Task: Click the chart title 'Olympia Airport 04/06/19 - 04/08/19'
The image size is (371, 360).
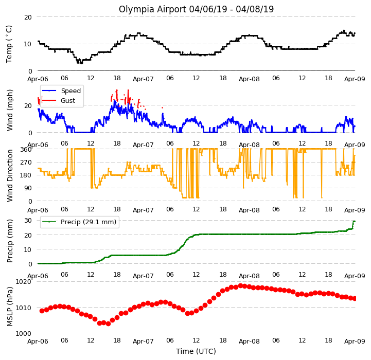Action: pyautogui.click(x=196, y=9)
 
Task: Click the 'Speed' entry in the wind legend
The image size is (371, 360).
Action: pyautogui.click(x=70, y=91)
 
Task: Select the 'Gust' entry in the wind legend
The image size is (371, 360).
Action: pyautogui.click(x=68, y=100)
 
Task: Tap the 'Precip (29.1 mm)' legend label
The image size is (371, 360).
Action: pyautogui.click(x=89, y=222)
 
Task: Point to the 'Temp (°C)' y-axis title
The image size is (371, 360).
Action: pyautogui.click(x=9, y=44)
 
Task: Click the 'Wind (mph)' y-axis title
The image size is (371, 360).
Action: pyautogui.click(x=9, y=110)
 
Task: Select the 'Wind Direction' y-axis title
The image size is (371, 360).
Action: pyautogui.click(x=9, y=175)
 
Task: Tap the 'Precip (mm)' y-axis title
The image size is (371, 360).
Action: pyautogui.click(x=9, y=241)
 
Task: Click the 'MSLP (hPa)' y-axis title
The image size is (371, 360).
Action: pyautogui.click(x=9, y=307)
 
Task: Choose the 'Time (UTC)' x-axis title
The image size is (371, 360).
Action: pyautogui.click(x=196, y=351)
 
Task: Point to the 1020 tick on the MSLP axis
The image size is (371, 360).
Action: pyautogui.click(x=24, y=281)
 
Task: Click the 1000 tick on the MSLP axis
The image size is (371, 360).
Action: pyautogui.click(x=24, y=333)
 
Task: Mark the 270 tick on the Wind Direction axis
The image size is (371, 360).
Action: pyautogui.click(x=26, y=163)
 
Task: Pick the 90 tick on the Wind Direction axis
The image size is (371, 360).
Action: pyautogui.click(x=28, y=188)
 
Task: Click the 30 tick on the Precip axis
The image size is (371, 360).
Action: pyautogui.click(x=28, y=221)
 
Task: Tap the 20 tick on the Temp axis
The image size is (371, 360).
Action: pyautogui.click(x=28, y=17)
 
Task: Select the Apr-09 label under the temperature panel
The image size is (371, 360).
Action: pyautogui.click(x=355, y=79)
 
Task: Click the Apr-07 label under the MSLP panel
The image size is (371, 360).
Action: pyautogui.click(x=143, y=341)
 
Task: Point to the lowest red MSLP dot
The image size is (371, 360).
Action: pyautogui.click(x=108, y=323)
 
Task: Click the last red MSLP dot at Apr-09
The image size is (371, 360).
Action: pyautogui.click(x=355, y=299)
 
